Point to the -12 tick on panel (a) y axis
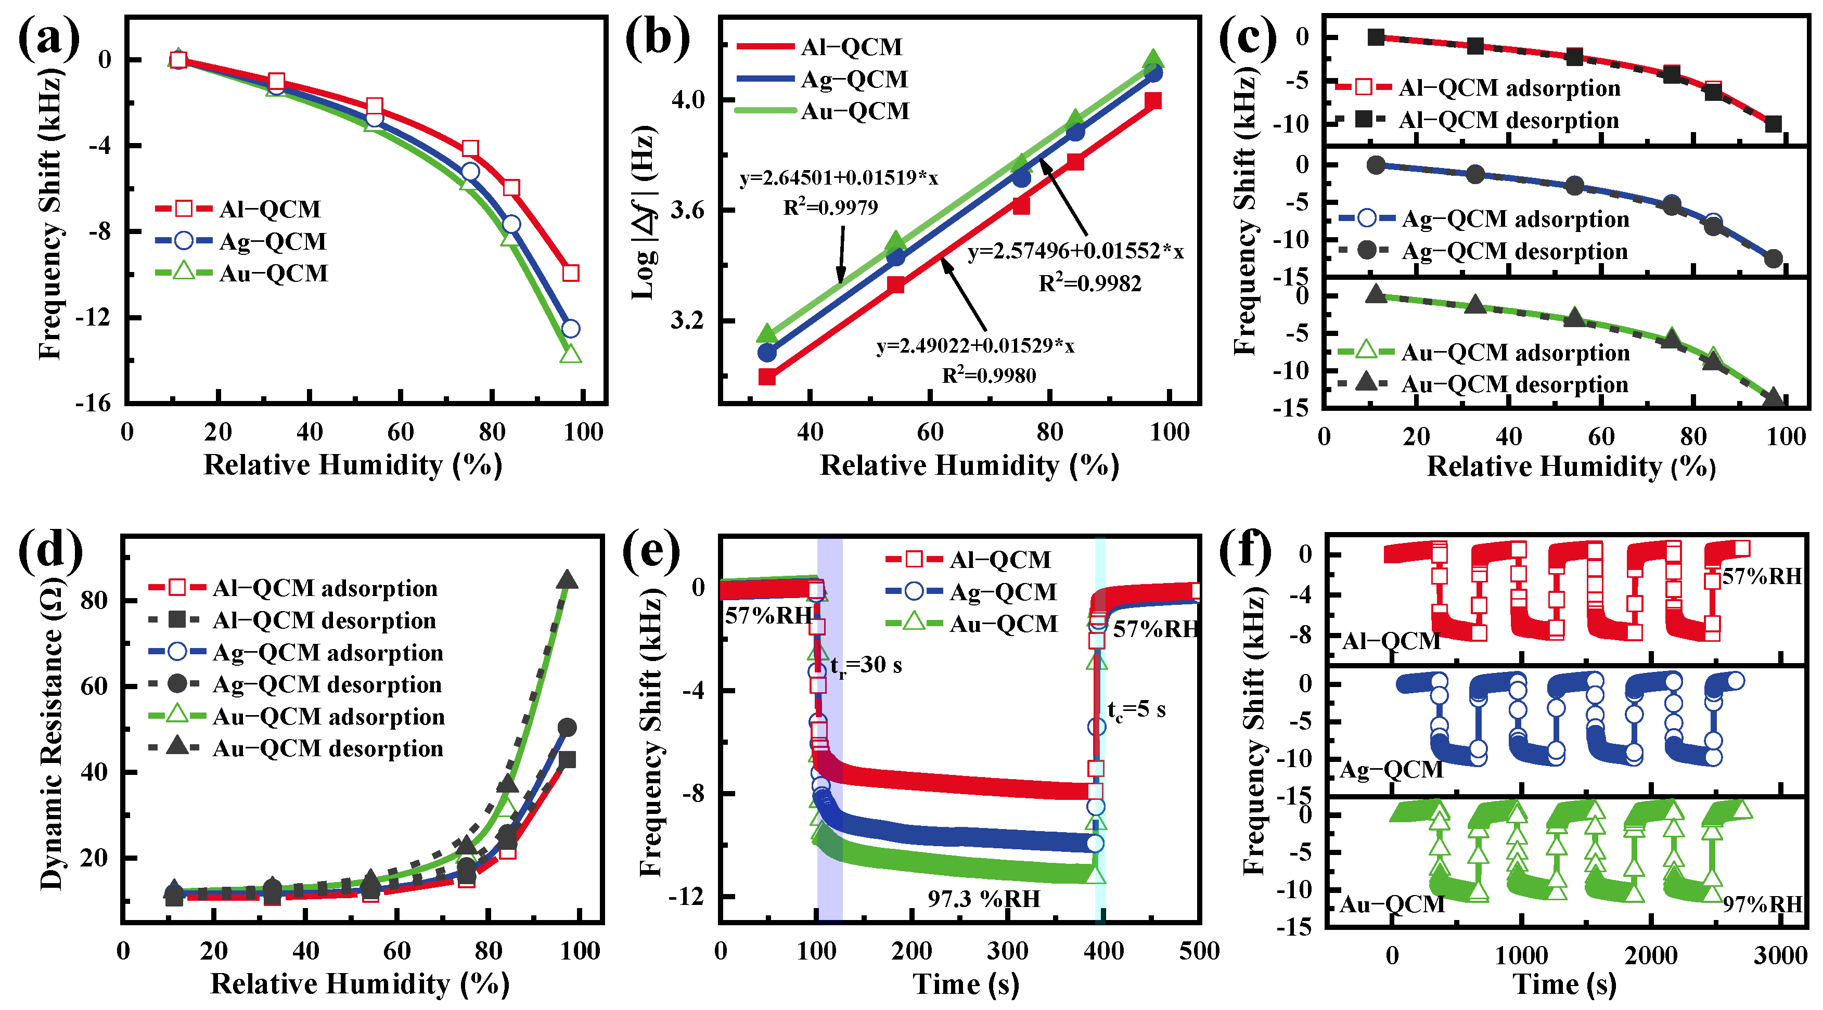click(94, 318)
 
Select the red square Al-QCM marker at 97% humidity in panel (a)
click(570, 273)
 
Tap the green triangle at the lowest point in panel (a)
click(570, 354)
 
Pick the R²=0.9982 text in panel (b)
click(1090, 283)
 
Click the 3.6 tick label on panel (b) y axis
click(687, 211)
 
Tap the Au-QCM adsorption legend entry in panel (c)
click(1515, 352)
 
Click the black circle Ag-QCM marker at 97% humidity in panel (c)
click(1773, 258)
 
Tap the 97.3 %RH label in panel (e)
click(984, 899)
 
